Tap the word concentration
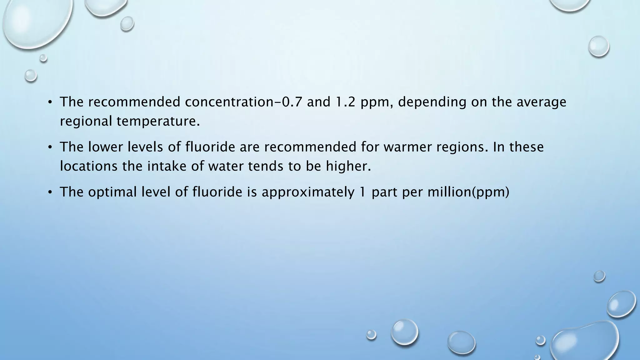tap(229, 102)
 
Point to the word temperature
tap(158, 121)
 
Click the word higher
tap(348, 166)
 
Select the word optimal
tap(112, 192)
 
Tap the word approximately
tap(308, 192)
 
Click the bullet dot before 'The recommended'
tap(50, 102)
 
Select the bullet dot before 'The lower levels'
tap(50, 147)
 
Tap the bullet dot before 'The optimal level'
tap(50, 192)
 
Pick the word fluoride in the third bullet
tap(217, 192)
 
